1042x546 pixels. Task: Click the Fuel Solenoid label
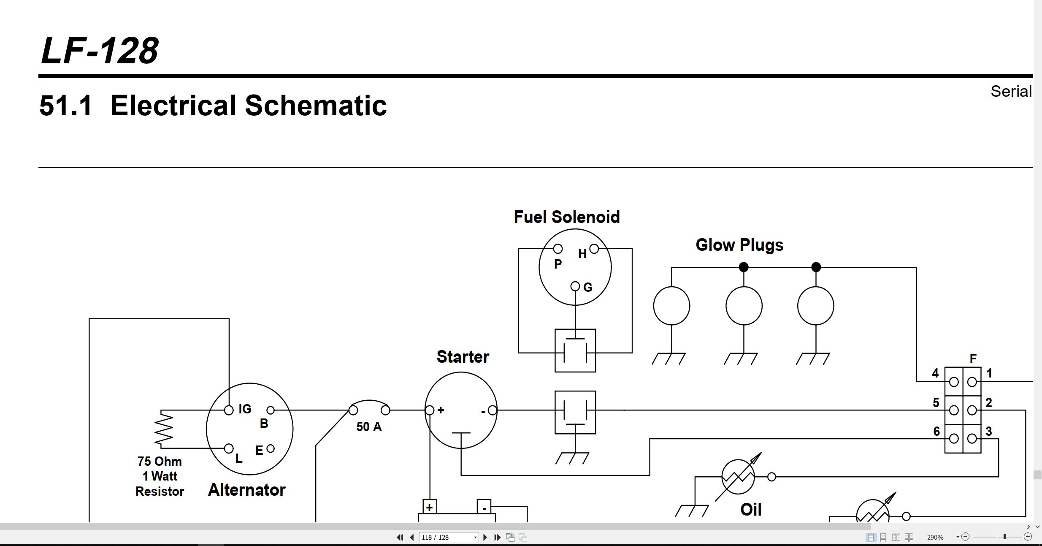click(x=567, y=217)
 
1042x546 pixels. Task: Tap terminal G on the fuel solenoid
click(x=575, y=286)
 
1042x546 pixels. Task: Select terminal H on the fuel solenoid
click(x=594, y=249)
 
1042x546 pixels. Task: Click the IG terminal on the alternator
click(x=229, y=410)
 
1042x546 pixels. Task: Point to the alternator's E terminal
click(x=271, y=448)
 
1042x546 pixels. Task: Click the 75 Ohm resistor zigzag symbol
click(x=164, y=429)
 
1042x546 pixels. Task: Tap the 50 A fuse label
click(x=369, y=427)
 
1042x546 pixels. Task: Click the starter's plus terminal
click(x=430, y=410)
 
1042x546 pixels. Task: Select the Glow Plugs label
click(x=739, y=245)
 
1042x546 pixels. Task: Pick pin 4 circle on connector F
click(x=954, y=382)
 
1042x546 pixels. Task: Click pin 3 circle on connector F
click(x=972, y=439)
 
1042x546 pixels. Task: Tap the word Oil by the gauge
click(x=751, y=510)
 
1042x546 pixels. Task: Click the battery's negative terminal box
click(x=484, y=506)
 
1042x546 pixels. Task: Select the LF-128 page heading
click(x=100, y=51)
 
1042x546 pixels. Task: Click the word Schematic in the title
click(x=316, y=105)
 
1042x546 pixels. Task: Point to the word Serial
click(x=1011, y=91)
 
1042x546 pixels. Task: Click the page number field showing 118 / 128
click(x=449, y=537)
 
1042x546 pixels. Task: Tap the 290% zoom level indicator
click(x=935, y=537)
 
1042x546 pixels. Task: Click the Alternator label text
click(x=247, y=490)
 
